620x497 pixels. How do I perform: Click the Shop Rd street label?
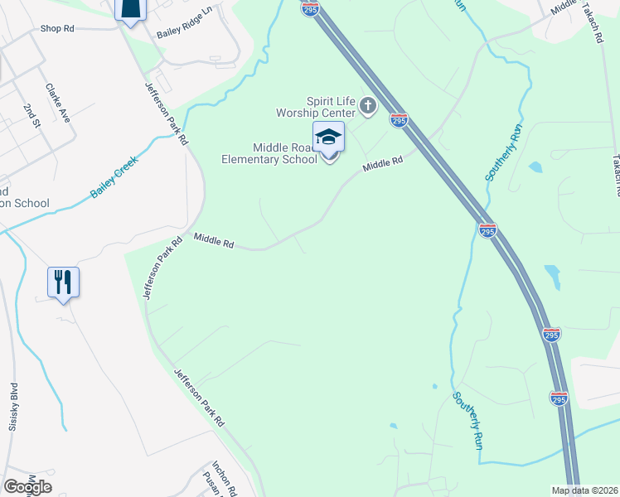pyautogui.click(x=57, y=28)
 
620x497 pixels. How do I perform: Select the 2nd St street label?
pyautogui.click(x=31, y=117)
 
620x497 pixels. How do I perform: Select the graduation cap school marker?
pyautogui.click(x=328, y=138)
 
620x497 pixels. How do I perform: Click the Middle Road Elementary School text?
pyautogui.click(x=270, y=153)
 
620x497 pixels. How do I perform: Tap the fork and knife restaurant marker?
pyautogui.click(x=63, y=282)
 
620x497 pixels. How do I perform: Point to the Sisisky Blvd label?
pyautogui.click(x=14, y=404)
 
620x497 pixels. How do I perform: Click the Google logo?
pyautogui.click(x=27, y=487)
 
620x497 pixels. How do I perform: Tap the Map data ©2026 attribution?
pyautogui.click(x=584, y=490)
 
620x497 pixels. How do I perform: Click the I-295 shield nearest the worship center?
pyautogui.click(x=399, y=121)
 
